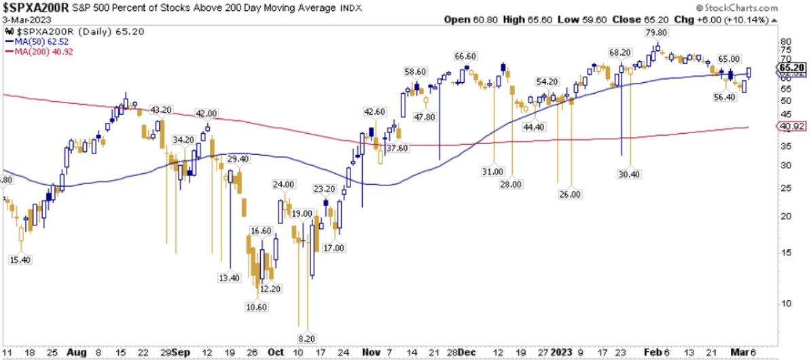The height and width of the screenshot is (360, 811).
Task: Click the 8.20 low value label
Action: pyautogui.click(x=307, y=338)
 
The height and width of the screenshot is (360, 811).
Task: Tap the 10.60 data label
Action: pyautogui.click(x=257, y=308)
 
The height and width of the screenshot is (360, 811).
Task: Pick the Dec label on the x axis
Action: pyautogui.click(x=467, y=353)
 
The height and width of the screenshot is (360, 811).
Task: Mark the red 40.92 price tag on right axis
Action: pyautogui.click(x=790, y=126)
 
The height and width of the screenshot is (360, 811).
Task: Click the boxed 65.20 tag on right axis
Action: pyautogui.click(x=791, y=69)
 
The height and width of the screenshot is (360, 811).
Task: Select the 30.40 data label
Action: pyautogui.click(x=630, y=173)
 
